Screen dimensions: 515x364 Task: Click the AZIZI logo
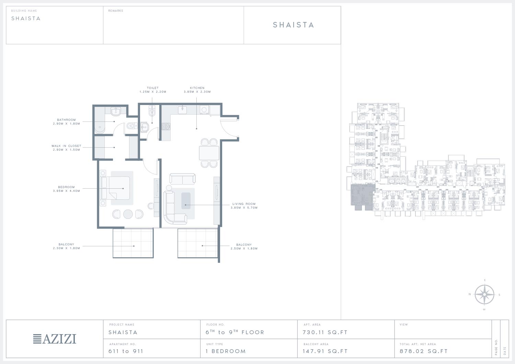coord(55,339)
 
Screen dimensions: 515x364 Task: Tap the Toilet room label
coord(153,88)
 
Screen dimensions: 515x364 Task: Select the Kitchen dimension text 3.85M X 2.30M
coord(197,92)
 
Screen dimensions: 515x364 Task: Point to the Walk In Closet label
coord(66,146)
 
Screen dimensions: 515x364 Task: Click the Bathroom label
coord(66,120)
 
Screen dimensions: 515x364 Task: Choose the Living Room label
coord(244,204)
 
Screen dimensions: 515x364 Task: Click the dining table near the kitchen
coord(209,153)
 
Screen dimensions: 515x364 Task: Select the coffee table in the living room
coord(186,201)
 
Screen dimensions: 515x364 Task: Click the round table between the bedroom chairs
coord(128,214)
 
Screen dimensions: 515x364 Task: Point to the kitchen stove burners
coord(166,127)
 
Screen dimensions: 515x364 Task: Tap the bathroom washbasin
coord(115,112)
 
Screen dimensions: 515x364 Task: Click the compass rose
coord(484,294)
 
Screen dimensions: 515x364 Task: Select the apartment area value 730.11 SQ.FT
coord(325,332)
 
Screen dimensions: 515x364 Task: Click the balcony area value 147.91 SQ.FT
coord(325,351)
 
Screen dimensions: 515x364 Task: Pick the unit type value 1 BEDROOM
coord(226,351)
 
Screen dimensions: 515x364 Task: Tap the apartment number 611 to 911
coord(126,351)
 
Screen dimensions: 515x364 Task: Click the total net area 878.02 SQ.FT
coord(423,351)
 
